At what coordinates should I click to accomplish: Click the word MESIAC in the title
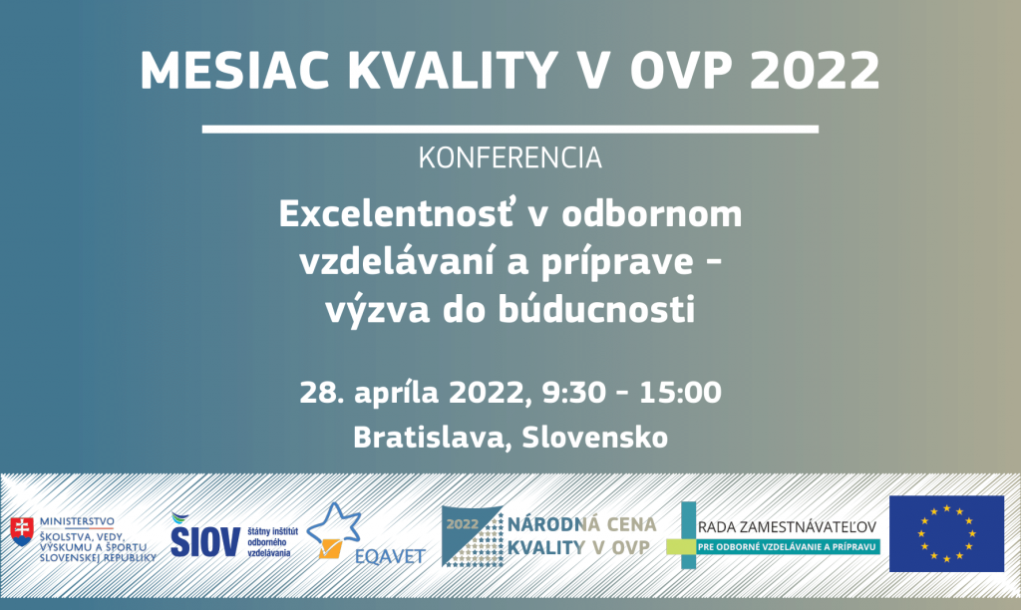click(234, 71)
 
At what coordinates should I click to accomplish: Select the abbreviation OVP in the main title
click(683, 71)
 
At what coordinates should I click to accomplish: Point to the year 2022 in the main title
click(816, 71)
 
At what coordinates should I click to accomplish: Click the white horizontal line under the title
click(510, 129)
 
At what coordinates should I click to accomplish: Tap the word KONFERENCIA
click(510, 158)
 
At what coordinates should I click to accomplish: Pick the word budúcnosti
click(596, 310)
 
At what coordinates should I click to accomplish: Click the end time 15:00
click(680, 393)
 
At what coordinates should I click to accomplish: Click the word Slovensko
click(595, 437)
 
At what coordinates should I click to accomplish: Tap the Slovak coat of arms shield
click(22, 531)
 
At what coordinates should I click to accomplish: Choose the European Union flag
click(947, 534)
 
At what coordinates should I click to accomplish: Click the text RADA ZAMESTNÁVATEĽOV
click(787, 527)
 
